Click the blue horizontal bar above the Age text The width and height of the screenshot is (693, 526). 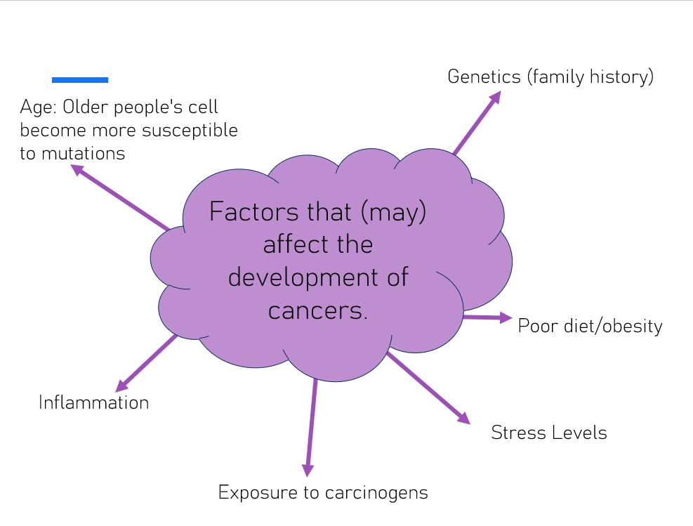(80, 79)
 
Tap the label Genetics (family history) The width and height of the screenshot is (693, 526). (550, 76)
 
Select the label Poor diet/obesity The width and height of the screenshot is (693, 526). (590, 326)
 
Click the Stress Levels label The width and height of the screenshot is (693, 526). (548, 433)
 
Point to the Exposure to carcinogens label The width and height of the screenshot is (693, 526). (323, 492)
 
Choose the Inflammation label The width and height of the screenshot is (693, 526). (93, 402)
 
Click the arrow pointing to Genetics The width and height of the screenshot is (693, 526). (477, 123)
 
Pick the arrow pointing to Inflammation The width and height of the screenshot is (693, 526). (146, 362)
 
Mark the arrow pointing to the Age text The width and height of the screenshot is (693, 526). (119, 198)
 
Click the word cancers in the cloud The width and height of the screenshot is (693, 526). (318, 310)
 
